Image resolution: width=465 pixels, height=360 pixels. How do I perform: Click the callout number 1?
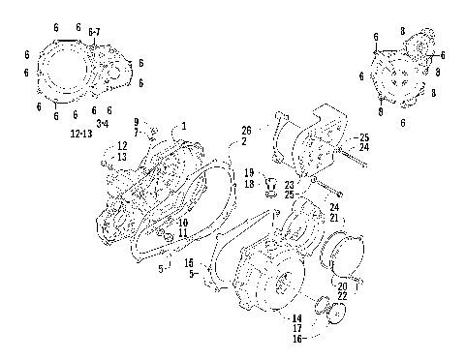click(x=184, y=126)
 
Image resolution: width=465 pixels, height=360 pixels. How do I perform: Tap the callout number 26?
click(x=246, y=130)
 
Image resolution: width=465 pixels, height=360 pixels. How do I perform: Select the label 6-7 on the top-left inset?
click(x=94, y=33)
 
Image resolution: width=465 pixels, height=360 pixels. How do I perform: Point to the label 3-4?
click(x=103, y=121)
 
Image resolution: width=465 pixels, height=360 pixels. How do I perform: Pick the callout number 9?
click(x=138, y=121)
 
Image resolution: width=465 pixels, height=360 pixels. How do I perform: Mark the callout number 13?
click(x=122, y=156)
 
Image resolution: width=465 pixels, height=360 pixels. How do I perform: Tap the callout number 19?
click(x=249, y=172)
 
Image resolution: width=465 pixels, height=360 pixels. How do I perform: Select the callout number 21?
click(x=333, y=219)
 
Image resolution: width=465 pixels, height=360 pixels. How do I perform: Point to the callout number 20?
click(x=342, y=285)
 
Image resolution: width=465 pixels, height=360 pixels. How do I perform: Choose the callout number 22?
click(x=342, y=295)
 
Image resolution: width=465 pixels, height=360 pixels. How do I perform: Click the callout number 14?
click(x=296, y=318)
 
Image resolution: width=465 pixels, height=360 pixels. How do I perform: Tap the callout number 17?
click(x=296, y=329)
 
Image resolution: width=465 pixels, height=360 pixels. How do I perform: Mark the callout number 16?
click(x=296, y=340)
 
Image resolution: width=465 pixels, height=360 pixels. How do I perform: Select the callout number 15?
click(x=190, y=263)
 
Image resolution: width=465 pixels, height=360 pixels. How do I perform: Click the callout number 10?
click(x=182, y=223)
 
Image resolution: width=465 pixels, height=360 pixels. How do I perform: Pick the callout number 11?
click(x=182, y=233)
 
